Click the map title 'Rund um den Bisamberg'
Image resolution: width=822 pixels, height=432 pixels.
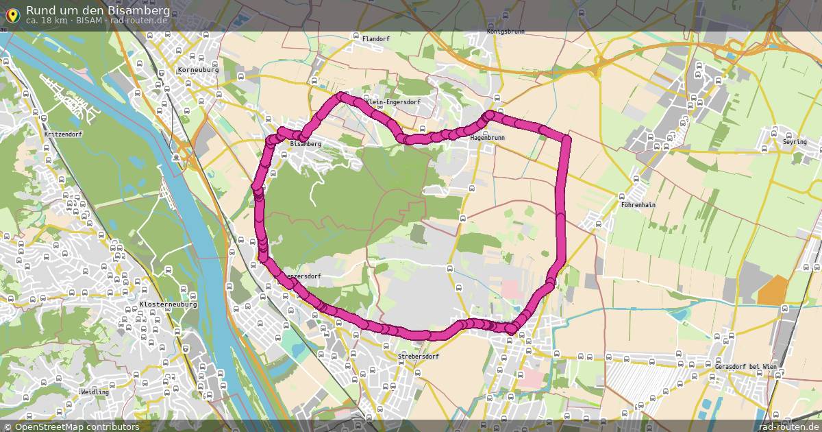tap(98, 10)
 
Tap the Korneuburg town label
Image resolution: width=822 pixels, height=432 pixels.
tap(197, 70)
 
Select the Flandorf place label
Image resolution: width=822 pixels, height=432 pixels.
tap(375, 39)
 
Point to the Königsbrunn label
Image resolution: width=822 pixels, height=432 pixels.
tap(505, 32)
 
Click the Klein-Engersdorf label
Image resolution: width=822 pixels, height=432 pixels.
tap(393, 102)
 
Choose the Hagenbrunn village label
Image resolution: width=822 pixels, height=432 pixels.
tap(488, 138)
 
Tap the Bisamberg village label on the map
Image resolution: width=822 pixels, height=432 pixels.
tap(306, 144)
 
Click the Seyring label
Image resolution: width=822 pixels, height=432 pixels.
tap(795, 142)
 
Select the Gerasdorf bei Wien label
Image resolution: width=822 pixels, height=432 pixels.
tap(746, 367)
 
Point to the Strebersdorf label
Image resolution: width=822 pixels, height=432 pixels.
tap(418, 357)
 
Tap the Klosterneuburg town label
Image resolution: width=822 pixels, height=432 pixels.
tap(168, 304)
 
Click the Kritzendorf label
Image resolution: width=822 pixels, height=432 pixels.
tap(62, 134)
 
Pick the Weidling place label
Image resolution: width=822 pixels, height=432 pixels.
tap(95, 392)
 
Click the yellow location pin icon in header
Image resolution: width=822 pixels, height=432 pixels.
tap(12, 13)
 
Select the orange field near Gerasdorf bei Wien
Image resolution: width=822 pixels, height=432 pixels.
tap(773, 290)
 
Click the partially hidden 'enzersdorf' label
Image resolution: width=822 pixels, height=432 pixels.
tap(303, 276)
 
